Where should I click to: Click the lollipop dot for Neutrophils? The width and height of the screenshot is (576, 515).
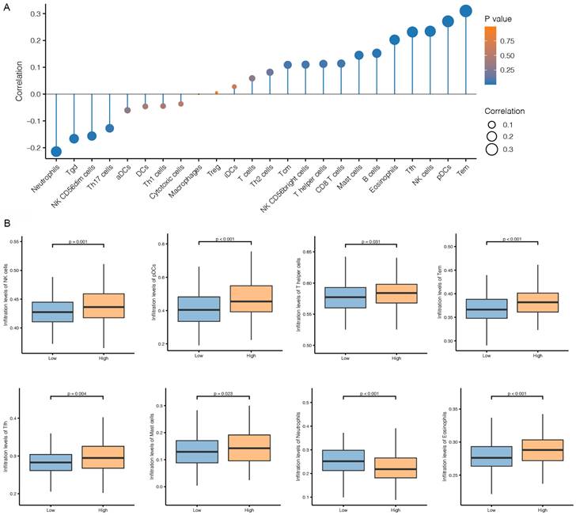tap(56, 152)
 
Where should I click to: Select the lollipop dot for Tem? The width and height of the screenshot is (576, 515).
tap(465, 11)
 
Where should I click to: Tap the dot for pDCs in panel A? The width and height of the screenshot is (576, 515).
tap(448, 21)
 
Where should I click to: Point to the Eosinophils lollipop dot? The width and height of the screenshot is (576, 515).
tap(394, 40)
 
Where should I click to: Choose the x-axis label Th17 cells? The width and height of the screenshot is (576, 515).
tap(105, 176)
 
